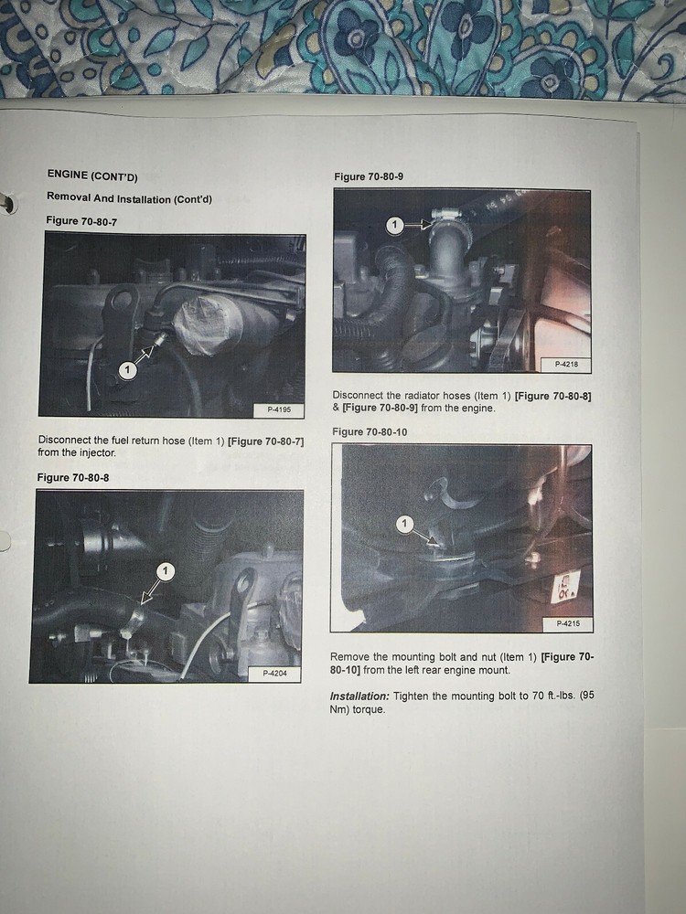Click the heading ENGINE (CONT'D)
[x=92, y=175]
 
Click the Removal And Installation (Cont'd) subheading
[x=129, y=198]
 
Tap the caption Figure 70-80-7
[x=81, y=220]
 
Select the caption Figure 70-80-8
[x=73, y=477]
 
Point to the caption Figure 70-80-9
[x=369, y=176]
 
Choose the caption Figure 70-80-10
[x=370, y=432]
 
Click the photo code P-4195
[x=279, y=409]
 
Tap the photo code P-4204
[x=274, y=674]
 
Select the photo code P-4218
[x=566, y=365]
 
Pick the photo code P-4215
[x=568, y=623]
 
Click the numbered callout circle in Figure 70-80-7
[x=127, y=370]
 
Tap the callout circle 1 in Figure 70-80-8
[x=165, y=570]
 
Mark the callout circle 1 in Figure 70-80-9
[x=395, y=225]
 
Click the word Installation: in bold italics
[x=359, y=696]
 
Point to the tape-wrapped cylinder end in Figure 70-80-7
[x=201, y=325]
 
